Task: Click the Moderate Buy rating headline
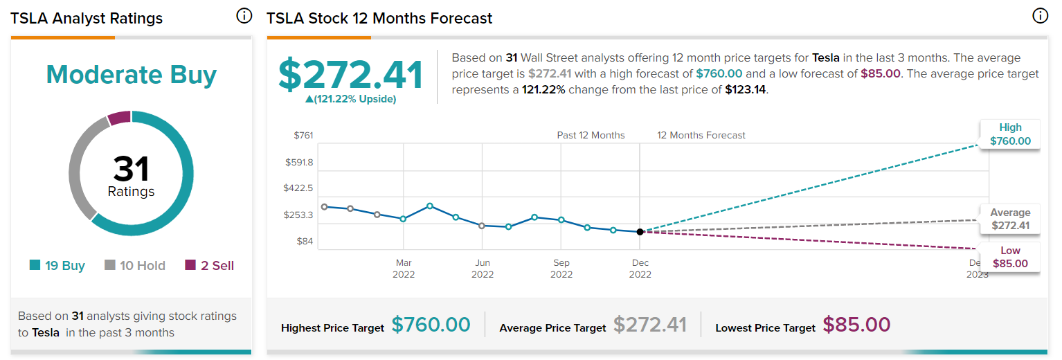(132, 75)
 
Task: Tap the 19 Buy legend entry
(57, 265)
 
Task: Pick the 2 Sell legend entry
(210, 265)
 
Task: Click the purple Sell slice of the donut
(120, 118)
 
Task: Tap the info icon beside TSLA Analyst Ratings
(244, 16)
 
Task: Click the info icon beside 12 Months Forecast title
(1040, 16)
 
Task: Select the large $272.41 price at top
(351, 75)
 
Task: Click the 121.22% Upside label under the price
(351, 99)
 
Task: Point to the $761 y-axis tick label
(303, 136)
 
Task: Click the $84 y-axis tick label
(305, 241)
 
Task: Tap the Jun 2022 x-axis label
(483, 269)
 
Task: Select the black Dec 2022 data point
(640, 232)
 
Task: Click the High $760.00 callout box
(1010, 134)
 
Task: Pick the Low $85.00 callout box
(1010, 257)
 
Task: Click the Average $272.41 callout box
(1010, 219)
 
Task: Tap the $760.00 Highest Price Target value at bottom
(431, 325)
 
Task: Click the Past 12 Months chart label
(591, 136)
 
